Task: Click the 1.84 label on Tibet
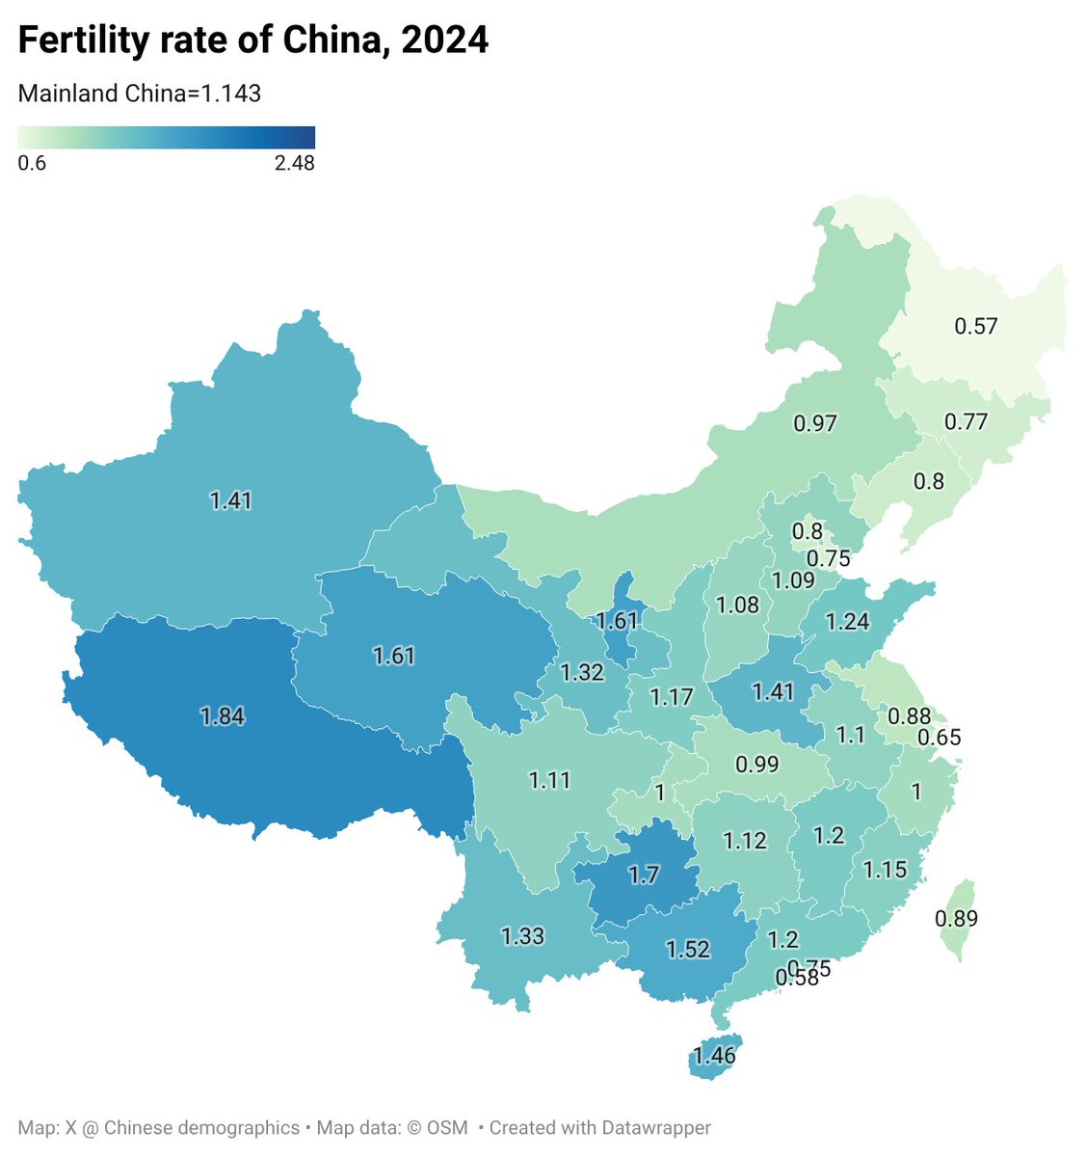pyautogui.click(x=223, y=716)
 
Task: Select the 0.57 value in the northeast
pyautogui.click(x=975, y=326)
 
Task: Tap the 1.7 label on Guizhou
pyautogui.click(x=644, y=875)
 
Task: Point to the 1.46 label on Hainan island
pyautogui.click(x=714, y=1055)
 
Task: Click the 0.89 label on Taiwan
pyautogui.click(x=956, y=918)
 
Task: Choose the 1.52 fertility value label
pyautogui.click(x=688, y=949)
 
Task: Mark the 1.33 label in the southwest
pyautogui.click(x=522, y=935)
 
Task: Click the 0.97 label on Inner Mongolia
pyautogui.click(x=815, y=422)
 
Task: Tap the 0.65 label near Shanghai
pyautogui.click(x=939, y=738)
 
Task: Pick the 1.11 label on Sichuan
pyautogui.click(x=550, y=780)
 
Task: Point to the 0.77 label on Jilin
pyautogui.click(x=966, y=421)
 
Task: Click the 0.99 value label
pyautogui.click(x=756, y=765)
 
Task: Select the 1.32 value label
pyautogui.click(x=582, y=672)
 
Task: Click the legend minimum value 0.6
pyautogui.click(x=32, y=163)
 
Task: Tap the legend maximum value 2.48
pyautogui.click(x=294, y=163)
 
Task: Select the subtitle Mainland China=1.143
pyautogui.click(x=140, y=94)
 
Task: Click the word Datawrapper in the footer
pyautogui.click(x=656, y=1127)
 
